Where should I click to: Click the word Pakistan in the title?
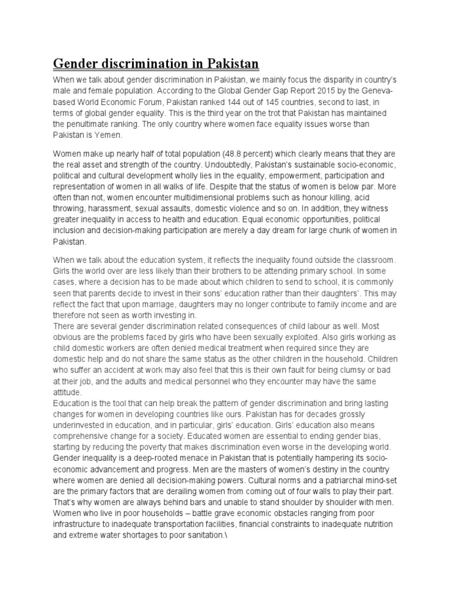pos(227,63)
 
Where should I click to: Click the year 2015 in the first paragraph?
pos(287,92)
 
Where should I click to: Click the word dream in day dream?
pos(312,231)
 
